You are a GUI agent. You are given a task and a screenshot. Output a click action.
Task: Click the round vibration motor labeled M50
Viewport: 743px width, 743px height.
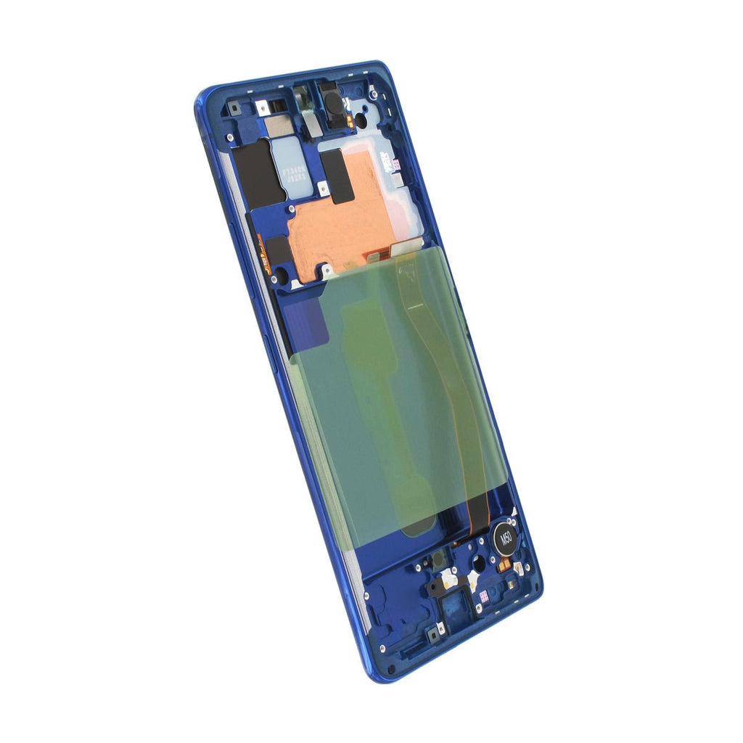506,538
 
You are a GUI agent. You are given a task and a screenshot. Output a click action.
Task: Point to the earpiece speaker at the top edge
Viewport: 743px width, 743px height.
334,103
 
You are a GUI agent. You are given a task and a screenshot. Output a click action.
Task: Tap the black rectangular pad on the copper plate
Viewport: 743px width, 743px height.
337,176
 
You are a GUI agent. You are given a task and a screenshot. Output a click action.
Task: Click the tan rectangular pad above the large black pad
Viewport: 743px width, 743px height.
279,126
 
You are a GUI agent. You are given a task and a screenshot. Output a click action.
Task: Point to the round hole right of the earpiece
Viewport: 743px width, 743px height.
361,120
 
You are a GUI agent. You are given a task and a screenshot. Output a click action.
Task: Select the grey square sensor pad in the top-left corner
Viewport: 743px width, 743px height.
234,110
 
